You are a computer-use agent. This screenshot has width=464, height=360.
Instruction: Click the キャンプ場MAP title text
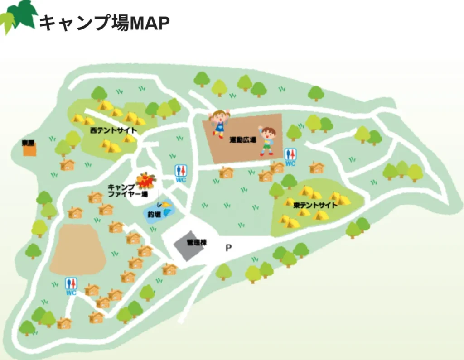pyautogui.click(x=104, y=23)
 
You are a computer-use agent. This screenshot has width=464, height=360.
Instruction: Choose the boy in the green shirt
pyautogui.click(x=267, y=141)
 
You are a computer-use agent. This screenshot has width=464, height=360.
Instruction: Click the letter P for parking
pyautogui.click(x=229, y=248)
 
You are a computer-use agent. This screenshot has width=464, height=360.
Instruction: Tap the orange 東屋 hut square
pyautogui.click(x=29, y=150)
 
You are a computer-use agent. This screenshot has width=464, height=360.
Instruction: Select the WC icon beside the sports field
pyautogui.click(x=290, y=156)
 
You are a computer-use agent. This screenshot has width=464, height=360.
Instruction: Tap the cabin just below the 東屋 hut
pyautogui.click(x=67, y=165)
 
